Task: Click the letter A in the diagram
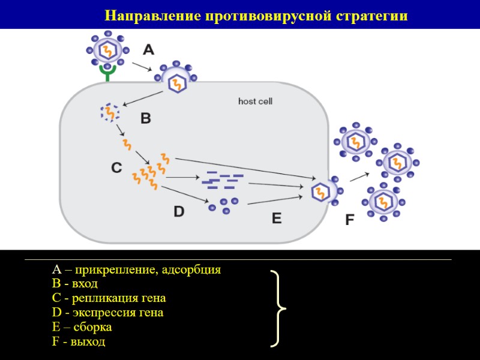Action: pyautogui.click(x=149, y=49)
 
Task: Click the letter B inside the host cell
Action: pyautogui.click(x=146, y=119)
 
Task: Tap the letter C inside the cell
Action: pyautogui.click(x=117, y=168)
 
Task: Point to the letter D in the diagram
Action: pyautogui.click(x=179, y=211)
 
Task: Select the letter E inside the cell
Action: pyautogui.click(x=277, y=218)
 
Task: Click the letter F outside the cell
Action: pyautogui.click(x=349, y=220)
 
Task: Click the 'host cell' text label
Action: pyautogui.click(x=255, y=101)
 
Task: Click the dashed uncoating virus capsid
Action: pyautogui.click(x=110, y=112)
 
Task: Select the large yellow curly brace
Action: pyautogui.click(x=278, y=308)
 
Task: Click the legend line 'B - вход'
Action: pyautogui.click(x=75, y=284)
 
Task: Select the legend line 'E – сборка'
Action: pyautogui.click(x=82, y=328)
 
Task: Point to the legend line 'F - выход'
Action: pyautogui.click(x=79, y=342)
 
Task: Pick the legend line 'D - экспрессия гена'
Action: pyautogui.click(x=108, y=313)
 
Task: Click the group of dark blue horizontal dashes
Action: pyautogui.click(x=222, y=181)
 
